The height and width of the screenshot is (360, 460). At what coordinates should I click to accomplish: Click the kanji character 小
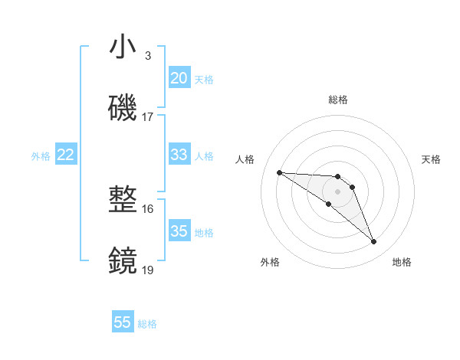[123, 47]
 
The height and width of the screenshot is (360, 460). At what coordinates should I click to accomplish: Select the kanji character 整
[123, 201]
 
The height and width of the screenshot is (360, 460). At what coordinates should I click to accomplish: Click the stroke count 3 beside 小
[148, 56]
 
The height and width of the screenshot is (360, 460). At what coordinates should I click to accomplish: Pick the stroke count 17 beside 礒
[148, 117]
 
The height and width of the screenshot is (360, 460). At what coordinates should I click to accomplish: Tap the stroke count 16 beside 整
[148, 208]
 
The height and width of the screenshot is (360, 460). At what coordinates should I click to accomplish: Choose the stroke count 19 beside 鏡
[148, 270]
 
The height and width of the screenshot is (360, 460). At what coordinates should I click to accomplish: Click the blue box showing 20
[179, 78]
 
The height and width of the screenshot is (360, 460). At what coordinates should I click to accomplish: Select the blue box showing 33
[179, 155]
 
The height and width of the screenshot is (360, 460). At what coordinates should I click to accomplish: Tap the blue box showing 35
[179, 231]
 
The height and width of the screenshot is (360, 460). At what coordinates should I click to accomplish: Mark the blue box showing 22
[66, 155]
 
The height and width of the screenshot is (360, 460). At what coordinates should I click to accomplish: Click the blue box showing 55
[123, 322]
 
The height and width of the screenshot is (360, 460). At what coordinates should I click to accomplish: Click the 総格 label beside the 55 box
[147, 324]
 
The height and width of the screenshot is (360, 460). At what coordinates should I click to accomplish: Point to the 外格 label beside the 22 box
[41, 156]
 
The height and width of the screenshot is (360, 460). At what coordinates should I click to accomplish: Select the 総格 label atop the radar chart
[337, 100]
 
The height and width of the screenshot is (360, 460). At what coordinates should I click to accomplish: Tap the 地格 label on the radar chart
[402, 262]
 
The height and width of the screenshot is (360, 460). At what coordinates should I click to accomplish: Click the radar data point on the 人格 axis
[279, 172]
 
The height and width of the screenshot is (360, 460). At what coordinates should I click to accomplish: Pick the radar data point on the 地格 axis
[373, 242]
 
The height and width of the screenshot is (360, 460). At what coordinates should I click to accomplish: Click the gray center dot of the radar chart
[337, 191]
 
